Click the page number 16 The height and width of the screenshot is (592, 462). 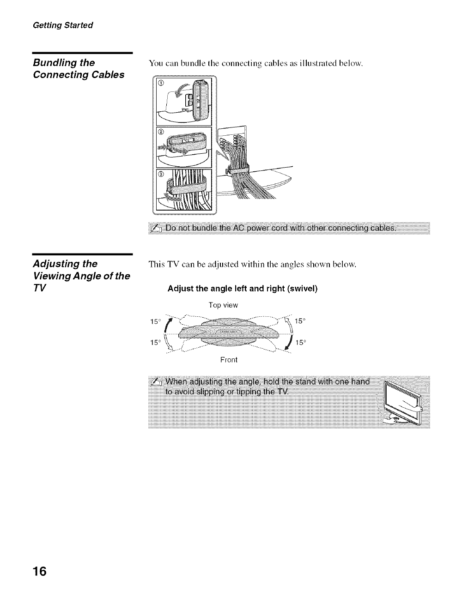40,571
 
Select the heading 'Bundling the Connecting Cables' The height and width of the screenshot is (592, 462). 79,68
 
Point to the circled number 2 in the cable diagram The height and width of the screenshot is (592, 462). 161,131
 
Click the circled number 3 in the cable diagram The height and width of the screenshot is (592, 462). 161,174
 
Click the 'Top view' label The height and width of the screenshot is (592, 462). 223,305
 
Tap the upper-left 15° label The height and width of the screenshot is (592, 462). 155,321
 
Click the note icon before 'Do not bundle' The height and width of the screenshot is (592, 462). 157,228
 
